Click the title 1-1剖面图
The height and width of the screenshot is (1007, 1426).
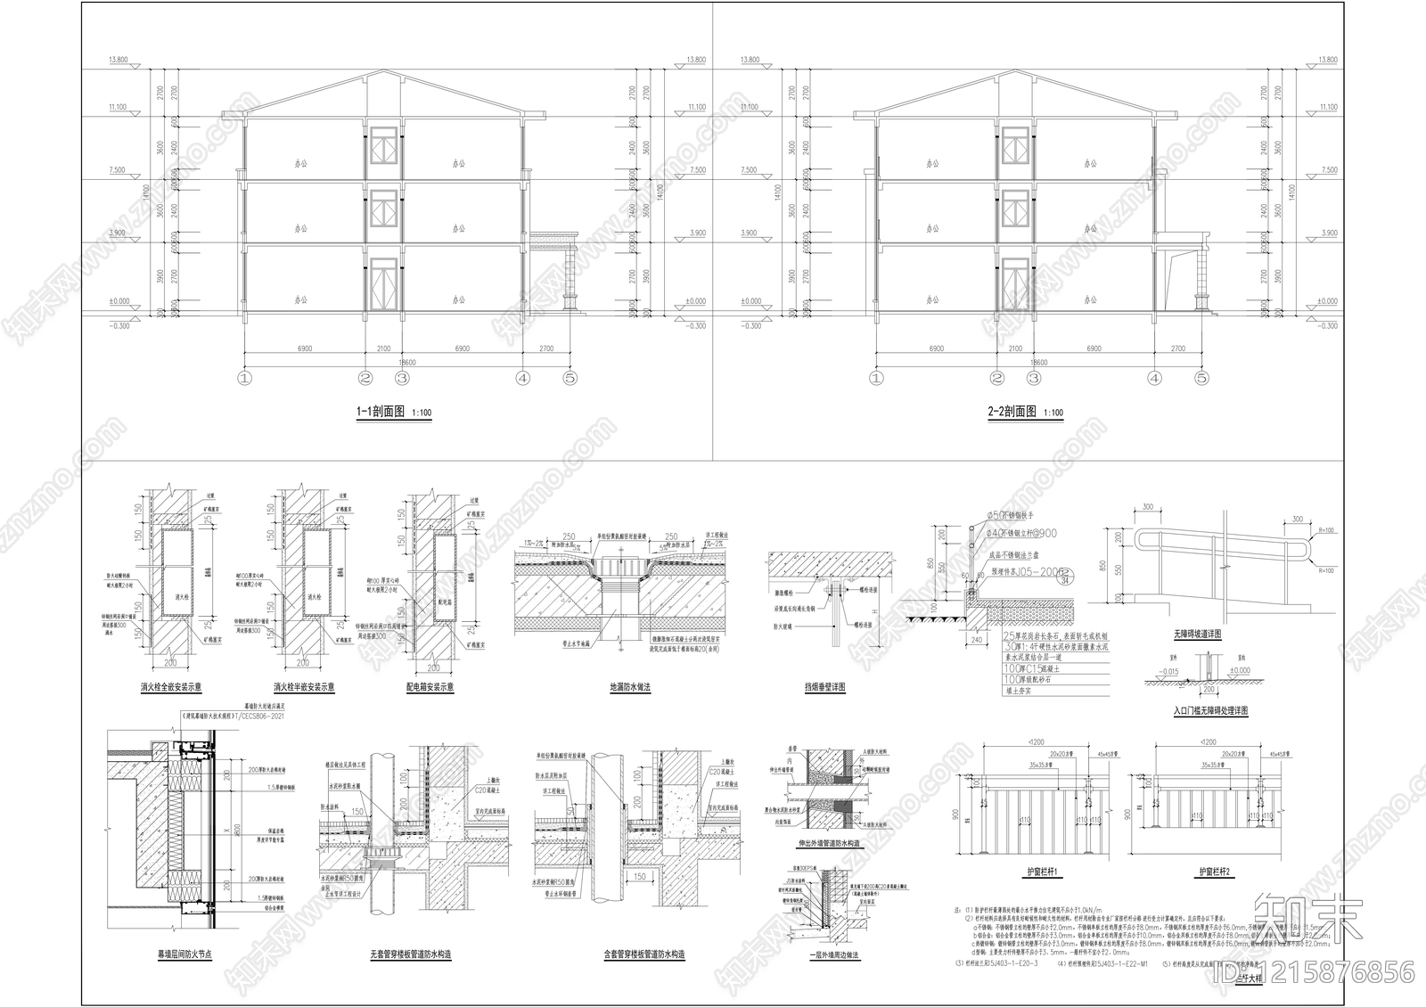pos(381,413)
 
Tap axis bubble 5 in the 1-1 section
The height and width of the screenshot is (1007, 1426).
pos(570,378)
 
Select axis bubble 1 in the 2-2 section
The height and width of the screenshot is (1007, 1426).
pos(876,378)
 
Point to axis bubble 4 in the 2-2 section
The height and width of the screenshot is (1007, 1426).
pos(1155,378)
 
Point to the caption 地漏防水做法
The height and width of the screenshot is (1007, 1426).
pos(630,687)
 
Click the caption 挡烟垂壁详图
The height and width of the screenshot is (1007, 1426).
pos(824,687)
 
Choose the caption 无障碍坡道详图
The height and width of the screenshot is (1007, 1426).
pos(1197,634)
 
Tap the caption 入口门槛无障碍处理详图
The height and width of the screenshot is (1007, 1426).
pos(1210,711)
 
